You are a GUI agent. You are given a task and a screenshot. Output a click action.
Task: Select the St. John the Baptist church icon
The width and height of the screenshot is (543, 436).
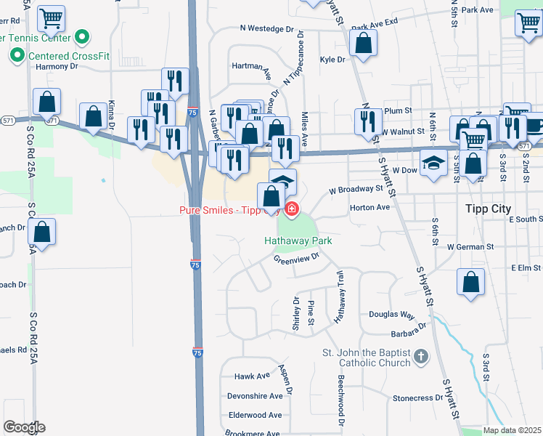421,357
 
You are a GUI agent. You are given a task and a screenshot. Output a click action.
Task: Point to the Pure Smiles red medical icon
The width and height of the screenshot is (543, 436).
292,210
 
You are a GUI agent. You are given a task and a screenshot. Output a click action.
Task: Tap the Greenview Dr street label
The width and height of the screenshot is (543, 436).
296,258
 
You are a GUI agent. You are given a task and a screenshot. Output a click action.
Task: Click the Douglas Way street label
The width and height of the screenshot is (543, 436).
391,315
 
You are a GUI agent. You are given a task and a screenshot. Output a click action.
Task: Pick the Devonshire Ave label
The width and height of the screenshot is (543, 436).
255,396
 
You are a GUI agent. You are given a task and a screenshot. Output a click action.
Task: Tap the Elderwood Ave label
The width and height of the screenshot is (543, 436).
255,415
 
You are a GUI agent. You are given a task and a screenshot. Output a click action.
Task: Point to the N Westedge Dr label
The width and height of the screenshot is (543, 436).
271,30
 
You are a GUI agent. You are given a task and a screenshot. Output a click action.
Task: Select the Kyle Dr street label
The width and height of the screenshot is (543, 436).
331,60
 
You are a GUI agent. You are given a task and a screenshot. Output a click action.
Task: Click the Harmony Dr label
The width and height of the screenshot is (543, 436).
57,66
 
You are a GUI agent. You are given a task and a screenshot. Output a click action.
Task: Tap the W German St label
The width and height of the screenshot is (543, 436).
470,247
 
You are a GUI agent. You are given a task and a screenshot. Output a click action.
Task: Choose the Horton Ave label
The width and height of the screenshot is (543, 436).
370,207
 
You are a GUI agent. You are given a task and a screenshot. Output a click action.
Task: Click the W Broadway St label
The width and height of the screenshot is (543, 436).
355,189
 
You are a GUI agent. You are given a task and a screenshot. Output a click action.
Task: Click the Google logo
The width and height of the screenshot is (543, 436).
24,427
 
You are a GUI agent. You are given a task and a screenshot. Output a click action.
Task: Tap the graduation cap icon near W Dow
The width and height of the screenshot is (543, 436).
433,163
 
